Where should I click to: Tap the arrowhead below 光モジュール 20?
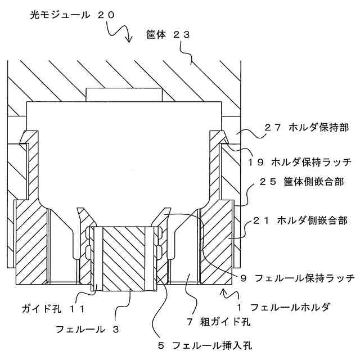click(x=128, y=40)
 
